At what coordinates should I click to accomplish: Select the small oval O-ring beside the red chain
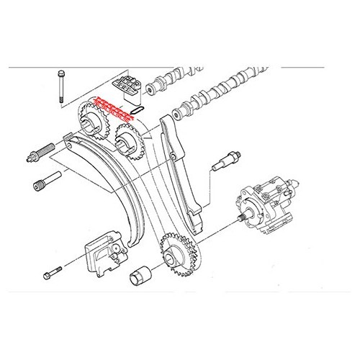(140, 109)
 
